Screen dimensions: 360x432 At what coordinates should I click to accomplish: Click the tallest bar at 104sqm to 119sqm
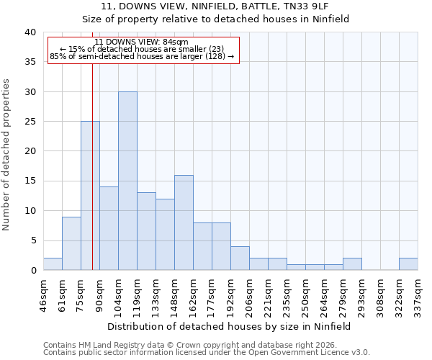pyautogui.click(x=127, y=181)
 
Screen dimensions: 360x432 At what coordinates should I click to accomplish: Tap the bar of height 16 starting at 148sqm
pyautogui.click(x=184, y=222)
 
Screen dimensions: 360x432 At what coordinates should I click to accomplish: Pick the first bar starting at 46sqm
pyautogui.click(x=53, y=264)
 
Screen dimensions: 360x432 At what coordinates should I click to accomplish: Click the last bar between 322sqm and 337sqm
pyautogui.click(x=408, y=264)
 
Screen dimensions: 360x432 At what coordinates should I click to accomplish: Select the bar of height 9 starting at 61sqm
pyautogui.click(x=71, y=243)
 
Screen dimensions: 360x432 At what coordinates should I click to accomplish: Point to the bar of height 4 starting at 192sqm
pyautogui.click(x=240, y=258)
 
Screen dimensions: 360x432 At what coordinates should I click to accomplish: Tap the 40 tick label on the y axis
pyautogui.click(x=30, y=32)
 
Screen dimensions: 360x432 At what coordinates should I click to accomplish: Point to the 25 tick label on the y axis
pyautogui.click(x=30, y=122)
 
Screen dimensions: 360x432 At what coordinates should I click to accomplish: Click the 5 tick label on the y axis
pyautogui.click(x=32, y=240)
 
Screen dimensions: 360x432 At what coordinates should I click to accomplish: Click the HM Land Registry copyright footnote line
pyautogui.click(x=205, y=345)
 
